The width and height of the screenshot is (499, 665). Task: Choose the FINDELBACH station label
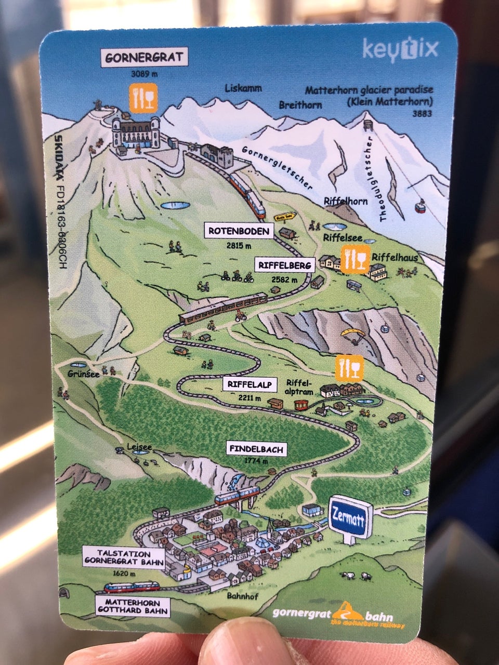(257, 449)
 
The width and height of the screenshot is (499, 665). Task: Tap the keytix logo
(400, 49)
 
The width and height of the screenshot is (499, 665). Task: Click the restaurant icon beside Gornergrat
(143, 98)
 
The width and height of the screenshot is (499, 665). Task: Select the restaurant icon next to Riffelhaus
(356, 259)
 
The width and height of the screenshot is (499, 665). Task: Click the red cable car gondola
(419, 207)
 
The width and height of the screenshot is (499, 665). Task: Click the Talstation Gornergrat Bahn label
(123, 558)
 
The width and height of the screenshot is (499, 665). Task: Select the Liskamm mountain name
(243, 89)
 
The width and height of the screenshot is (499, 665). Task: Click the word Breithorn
(300, 105)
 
